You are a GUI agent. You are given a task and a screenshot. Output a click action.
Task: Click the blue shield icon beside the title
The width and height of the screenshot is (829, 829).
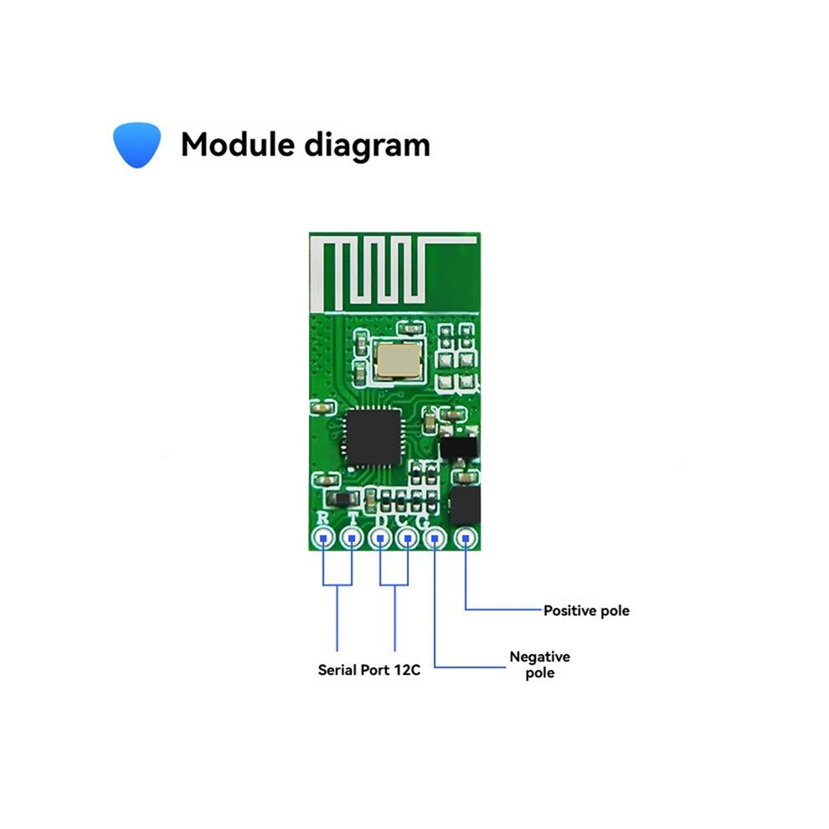[137, 145]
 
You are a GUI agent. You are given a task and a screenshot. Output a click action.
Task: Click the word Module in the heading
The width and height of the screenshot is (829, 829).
[237, 144]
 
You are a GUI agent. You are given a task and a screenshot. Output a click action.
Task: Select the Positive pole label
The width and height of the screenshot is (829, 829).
[586, 610]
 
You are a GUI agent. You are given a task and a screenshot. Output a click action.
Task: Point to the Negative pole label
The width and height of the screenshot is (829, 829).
[540, 665]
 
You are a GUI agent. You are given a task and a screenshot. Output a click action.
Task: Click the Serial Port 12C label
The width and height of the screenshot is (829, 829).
[369, 670]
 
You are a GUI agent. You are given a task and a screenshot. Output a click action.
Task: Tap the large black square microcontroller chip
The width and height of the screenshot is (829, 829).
[373, 437]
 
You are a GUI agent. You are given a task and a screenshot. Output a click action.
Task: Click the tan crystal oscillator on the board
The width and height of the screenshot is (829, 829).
[398, 360]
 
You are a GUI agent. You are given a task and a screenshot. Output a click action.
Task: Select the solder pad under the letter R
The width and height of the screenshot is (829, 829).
[323, 538]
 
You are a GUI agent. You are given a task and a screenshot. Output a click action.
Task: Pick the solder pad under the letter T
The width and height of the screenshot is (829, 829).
[351, 538]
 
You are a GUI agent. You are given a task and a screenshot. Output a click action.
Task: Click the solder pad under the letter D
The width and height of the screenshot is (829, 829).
[379, 538]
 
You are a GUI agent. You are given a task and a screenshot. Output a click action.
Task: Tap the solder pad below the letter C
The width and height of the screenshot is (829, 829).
[408, 538]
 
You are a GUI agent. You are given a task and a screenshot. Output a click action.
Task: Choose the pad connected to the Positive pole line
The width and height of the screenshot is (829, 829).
[466, 538]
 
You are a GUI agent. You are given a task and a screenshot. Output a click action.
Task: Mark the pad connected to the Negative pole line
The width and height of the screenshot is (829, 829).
[435, 538]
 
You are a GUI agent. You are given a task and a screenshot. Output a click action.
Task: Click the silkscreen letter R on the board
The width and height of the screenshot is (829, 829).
[322, 517]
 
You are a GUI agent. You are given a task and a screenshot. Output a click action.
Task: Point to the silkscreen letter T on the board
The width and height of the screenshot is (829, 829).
[353, 518]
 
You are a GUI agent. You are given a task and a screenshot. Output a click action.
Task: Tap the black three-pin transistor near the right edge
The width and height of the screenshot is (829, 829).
[458, 448]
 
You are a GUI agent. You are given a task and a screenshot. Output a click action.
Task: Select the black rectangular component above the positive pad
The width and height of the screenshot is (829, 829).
[465, 506]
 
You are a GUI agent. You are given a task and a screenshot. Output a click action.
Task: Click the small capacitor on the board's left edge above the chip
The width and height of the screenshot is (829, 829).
[322, 408]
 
